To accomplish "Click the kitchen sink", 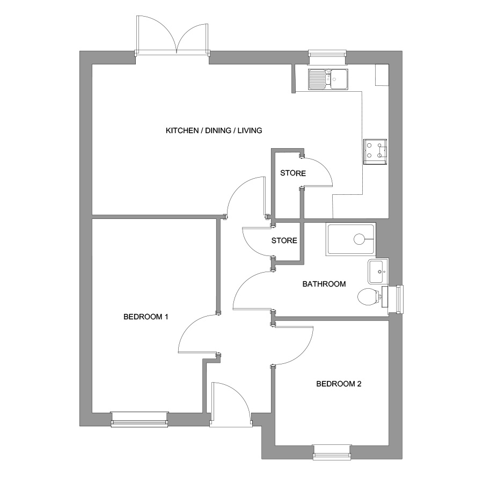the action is tap(328, 79).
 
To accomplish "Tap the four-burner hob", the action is tap(375, 151).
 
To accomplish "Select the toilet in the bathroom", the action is tap(369, 297).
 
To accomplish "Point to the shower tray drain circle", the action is tap(360, 239).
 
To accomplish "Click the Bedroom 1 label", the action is tap(145, 317).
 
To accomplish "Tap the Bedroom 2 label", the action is tap(339, 384).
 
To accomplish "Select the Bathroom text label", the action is tap(324, 284).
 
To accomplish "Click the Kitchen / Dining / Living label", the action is tap(214, 130).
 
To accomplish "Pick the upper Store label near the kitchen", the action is tap(293, 173).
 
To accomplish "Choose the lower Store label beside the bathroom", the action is tap(284, 240).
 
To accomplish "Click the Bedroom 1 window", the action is tap(140, 419).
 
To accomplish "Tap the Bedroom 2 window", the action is tap(332, 452).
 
